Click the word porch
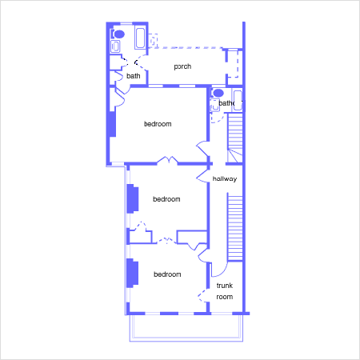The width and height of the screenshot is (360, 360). click(x=182, y=66)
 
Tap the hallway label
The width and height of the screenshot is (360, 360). click(x=225, y=178)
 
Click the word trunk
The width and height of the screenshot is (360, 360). click(x=225, y=286)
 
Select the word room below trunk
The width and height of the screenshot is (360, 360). click(x=225, y=297)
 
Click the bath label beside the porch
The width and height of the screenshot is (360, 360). click(x=134, y=76)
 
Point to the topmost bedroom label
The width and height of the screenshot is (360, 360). click(x=158, y=124)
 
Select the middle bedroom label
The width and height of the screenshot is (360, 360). click(x=166, y=199)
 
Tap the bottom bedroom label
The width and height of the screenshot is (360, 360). click(x=167, y=274)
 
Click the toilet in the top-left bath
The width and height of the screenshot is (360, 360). click(x=118, y=34)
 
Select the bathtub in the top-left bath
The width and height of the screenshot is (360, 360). click(x=140, y=38)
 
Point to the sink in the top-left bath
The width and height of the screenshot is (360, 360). click(x=115, y=46)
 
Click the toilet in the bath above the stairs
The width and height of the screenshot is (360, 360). click(x=218, y=93)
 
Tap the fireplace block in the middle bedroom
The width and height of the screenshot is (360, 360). click(x=133, y=199)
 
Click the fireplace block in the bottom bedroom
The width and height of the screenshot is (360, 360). click(x=133, y=273)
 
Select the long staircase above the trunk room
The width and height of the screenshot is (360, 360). click(x=235, y=227)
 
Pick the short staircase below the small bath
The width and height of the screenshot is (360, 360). click(x=235, y=138)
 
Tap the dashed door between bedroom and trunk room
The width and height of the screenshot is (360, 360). click(x=202, y=295)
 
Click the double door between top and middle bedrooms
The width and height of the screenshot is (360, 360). click(x=167, y=160)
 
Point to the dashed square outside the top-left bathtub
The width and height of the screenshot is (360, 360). click(x=154, y=40)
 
